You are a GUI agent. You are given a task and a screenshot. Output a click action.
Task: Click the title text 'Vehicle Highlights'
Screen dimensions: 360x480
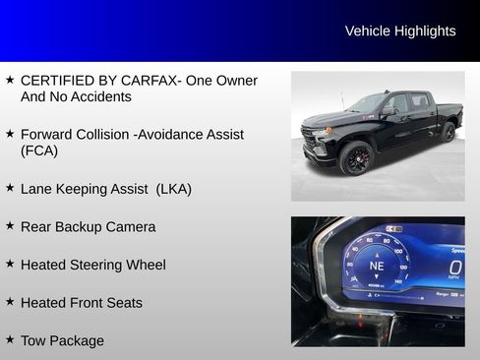(x=400, y=31)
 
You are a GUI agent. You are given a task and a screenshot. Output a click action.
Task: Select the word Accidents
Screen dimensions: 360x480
(x=98, y=97)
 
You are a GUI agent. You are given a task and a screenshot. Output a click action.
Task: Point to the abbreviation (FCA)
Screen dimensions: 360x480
(x=39, y=150)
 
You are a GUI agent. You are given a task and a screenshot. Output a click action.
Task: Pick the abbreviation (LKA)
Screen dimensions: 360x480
(x=174, y=188)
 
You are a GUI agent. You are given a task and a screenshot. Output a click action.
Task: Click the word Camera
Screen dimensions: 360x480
(x=131, y=226)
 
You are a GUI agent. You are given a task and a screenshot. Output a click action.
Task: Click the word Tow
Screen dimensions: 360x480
(x=34, y=341)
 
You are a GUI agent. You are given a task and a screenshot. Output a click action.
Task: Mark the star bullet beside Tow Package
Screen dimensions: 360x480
(x=10, y=339)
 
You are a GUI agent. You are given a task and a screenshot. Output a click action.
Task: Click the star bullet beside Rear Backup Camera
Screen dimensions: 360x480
(x=10, y=224)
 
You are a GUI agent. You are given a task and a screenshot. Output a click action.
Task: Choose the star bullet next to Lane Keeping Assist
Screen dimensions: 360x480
(x=10, y=186)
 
